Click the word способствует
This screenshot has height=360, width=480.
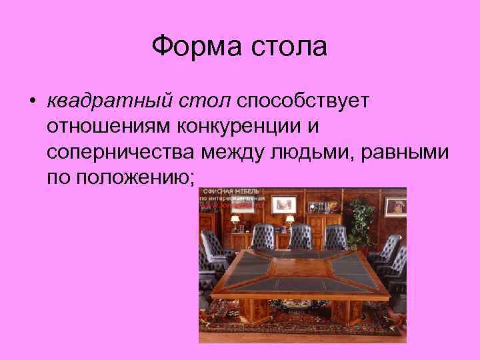tap(307, 102)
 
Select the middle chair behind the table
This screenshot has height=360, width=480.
tap(301, 237)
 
